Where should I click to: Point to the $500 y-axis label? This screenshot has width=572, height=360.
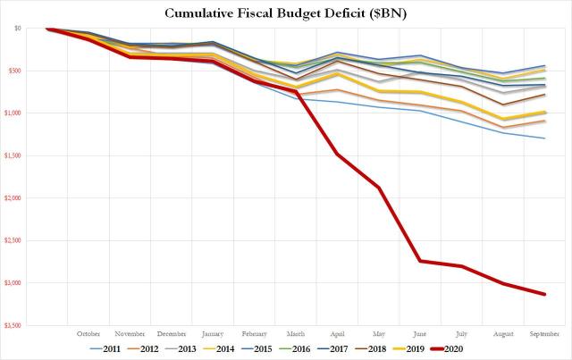[15, 71]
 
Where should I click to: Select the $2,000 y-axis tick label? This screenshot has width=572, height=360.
[13, 197]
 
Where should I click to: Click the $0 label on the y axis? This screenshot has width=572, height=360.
[18, 29]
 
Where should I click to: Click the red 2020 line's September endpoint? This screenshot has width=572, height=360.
[544, 294]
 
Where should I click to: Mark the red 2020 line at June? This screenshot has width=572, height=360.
[419, 261]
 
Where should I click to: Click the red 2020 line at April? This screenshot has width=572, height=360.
[337, 154]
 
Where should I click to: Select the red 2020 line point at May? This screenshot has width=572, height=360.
[378, 188]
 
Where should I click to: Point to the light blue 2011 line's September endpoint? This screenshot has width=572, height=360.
[544, 138]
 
